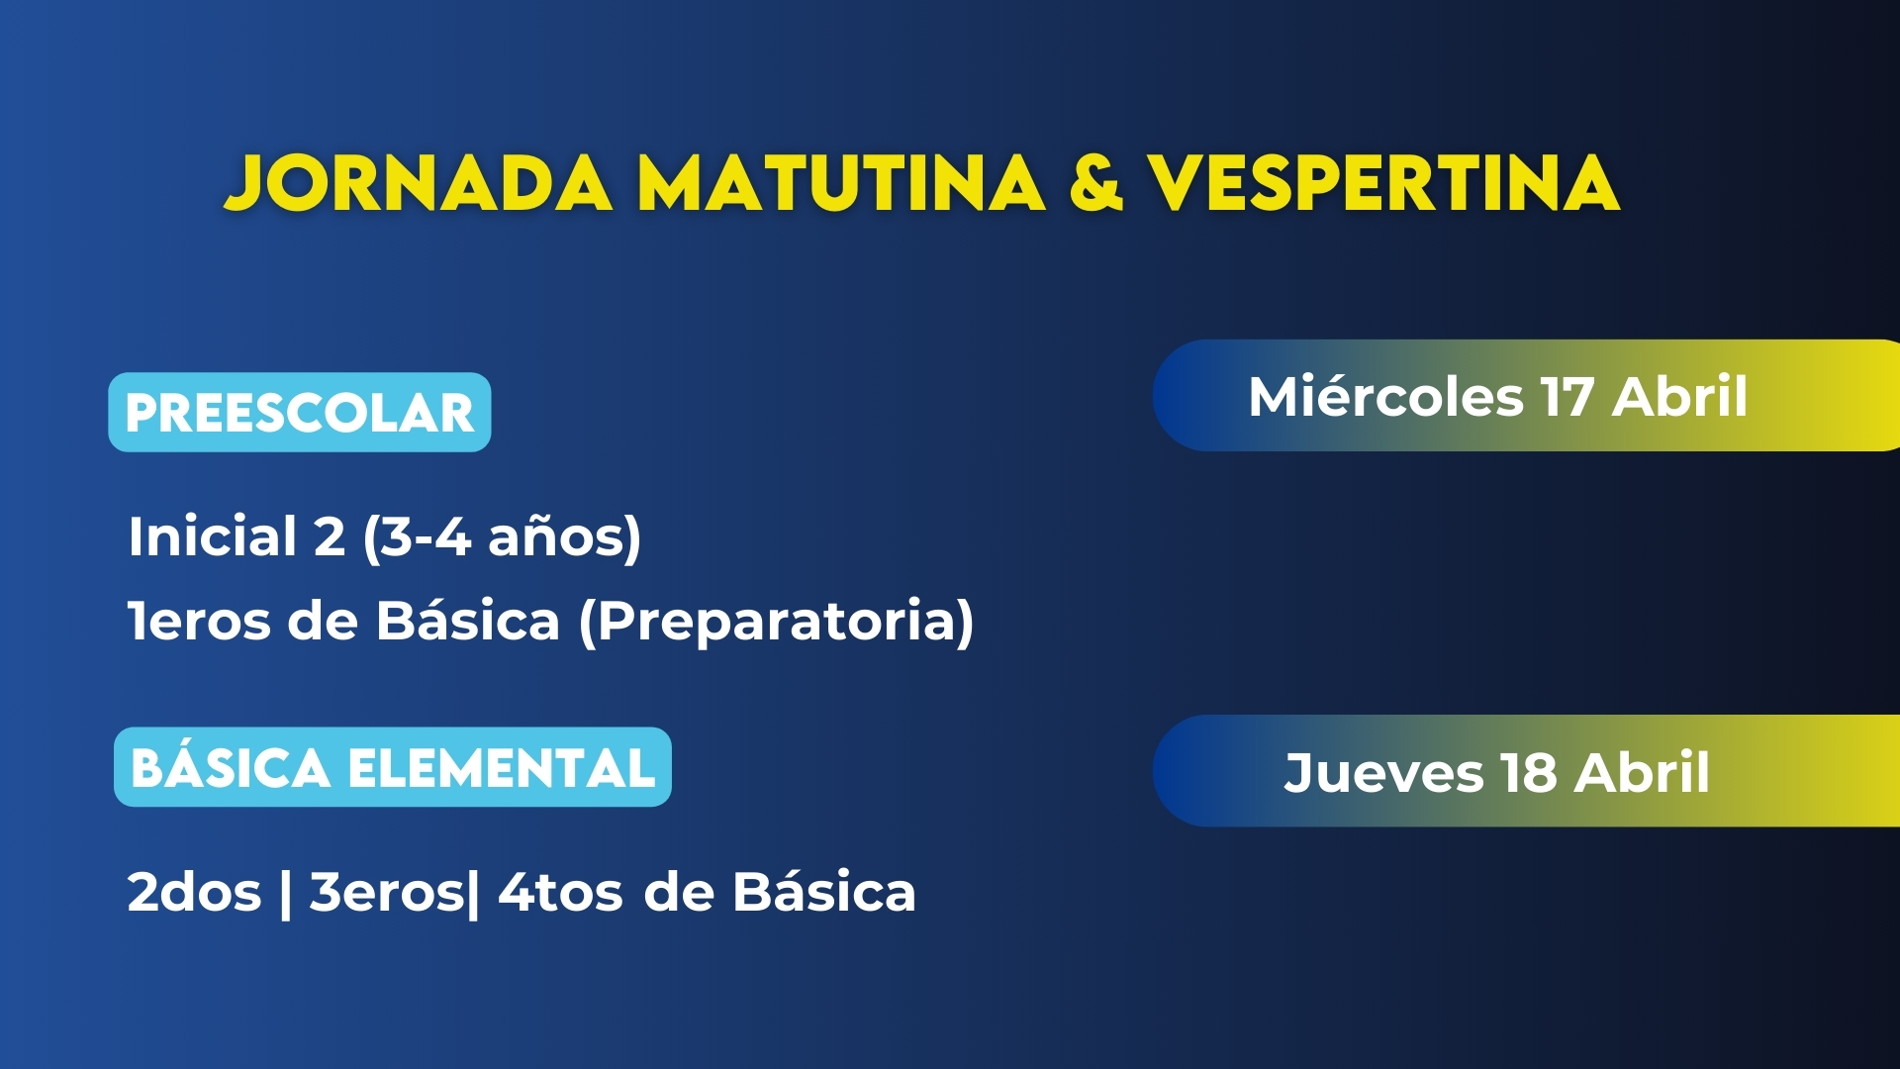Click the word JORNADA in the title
pos(419,184)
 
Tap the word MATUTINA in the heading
pos(841,184)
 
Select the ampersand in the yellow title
pos(1096,184)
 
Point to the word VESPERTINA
pos(1383,184)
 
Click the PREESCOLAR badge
pos(300,413)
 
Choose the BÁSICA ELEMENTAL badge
pos(393,767)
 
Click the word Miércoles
pos(1385,397)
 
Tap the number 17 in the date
pos(1567,397)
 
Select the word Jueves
pos(1383,773)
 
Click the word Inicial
pos(213,536)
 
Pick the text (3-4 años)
pos(503,538)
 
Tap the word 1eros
pos(199,622)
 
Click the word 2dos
pos(194,893)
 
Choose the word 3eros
pos(386,893)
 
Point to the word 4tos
pos(560,893)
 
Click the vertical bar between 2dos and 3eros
pos(286,894)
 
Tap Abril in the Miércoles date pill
pos(1679,397)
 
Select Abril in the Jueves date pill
pos(1642,773)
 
